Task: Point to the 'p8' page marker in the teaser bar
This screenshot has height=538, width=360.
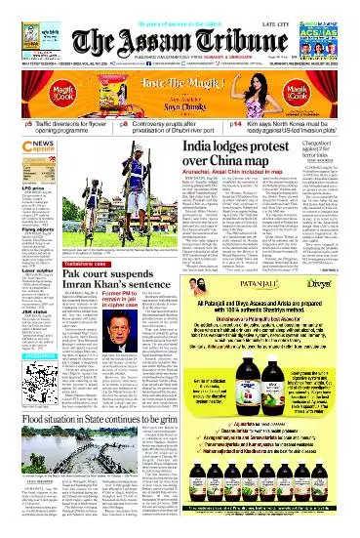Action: (x=125, y=125)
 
